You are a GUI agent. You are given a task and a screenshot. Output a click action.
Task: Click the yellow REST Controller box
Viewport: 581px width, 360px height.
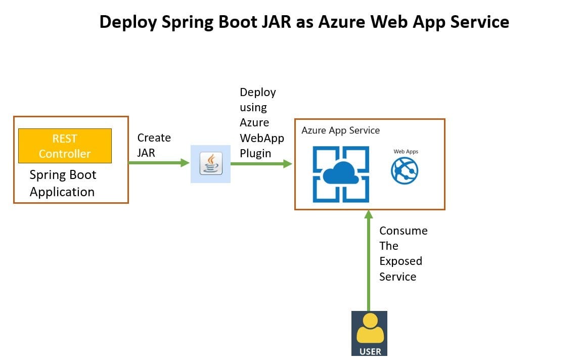coord(65,146)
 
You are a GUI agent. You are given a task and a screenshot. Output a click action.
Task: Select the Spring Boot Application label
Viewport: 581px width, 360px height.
coord(63,184)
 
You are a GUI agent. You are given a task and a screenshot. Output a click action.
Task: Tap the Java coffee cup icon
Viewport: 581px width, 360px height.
coord(211,163)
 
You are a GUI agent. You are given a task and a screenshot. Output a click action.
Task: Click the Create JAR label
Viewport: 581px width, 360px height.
coord(154,145)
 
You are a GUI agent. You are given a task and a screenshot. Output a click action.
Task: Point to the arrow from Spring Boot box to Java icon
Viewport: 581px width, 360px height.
coord(159,163)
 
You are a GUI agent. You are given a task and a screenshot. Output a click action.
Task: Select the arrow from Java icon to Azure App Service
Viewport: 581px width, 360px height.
coord(261,164)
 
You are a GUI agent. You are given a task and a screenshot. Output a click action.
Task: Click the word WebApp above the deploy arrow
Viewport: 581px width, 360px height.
coord(261,138)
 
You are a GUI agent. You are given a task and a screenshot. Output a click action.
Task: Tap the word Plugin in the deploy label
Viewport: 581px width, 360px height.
coord(255,153)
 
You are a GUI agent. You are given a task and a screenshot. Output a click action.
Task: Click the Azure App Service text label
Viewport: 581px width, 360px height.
coord(340,130)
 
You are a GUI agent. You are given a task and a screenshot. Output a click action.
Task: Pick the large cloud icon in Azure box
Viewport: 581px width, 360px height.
coord(341,174)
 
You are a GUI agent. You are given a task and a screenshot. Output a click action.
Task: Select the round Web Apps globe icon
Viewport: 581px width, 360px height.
coord(405,170)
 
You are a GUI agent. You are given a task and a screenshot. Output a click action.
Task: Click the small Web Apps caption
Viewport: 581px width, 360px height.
coord(406,152)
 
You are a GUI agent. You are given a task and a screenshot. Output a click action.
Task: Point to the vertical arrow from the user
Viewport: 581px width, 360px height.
coord(368,260)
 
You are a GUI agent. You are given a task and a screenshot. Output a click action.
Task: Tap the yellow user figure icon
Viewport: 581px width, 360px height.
coord(370,329)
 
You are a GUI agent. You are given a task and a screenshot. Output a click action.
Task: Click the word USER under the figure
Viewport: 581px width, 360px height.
coord(370,351)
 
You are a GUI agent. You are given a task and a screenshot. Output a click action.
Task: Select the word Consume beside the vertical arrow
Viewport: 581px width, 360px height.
coord(404,231)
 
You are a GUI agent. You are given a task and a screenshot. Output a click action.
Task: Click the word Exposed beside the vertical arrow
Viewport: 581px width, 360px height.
coord(400,261)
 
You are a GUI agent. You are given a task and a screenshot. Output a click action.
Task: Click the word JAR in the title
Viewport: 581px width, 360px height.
coord(277,22)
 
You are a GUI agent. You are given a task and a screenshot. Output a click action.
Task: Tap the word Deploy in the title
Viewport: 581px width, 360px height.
coord(128,22)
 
